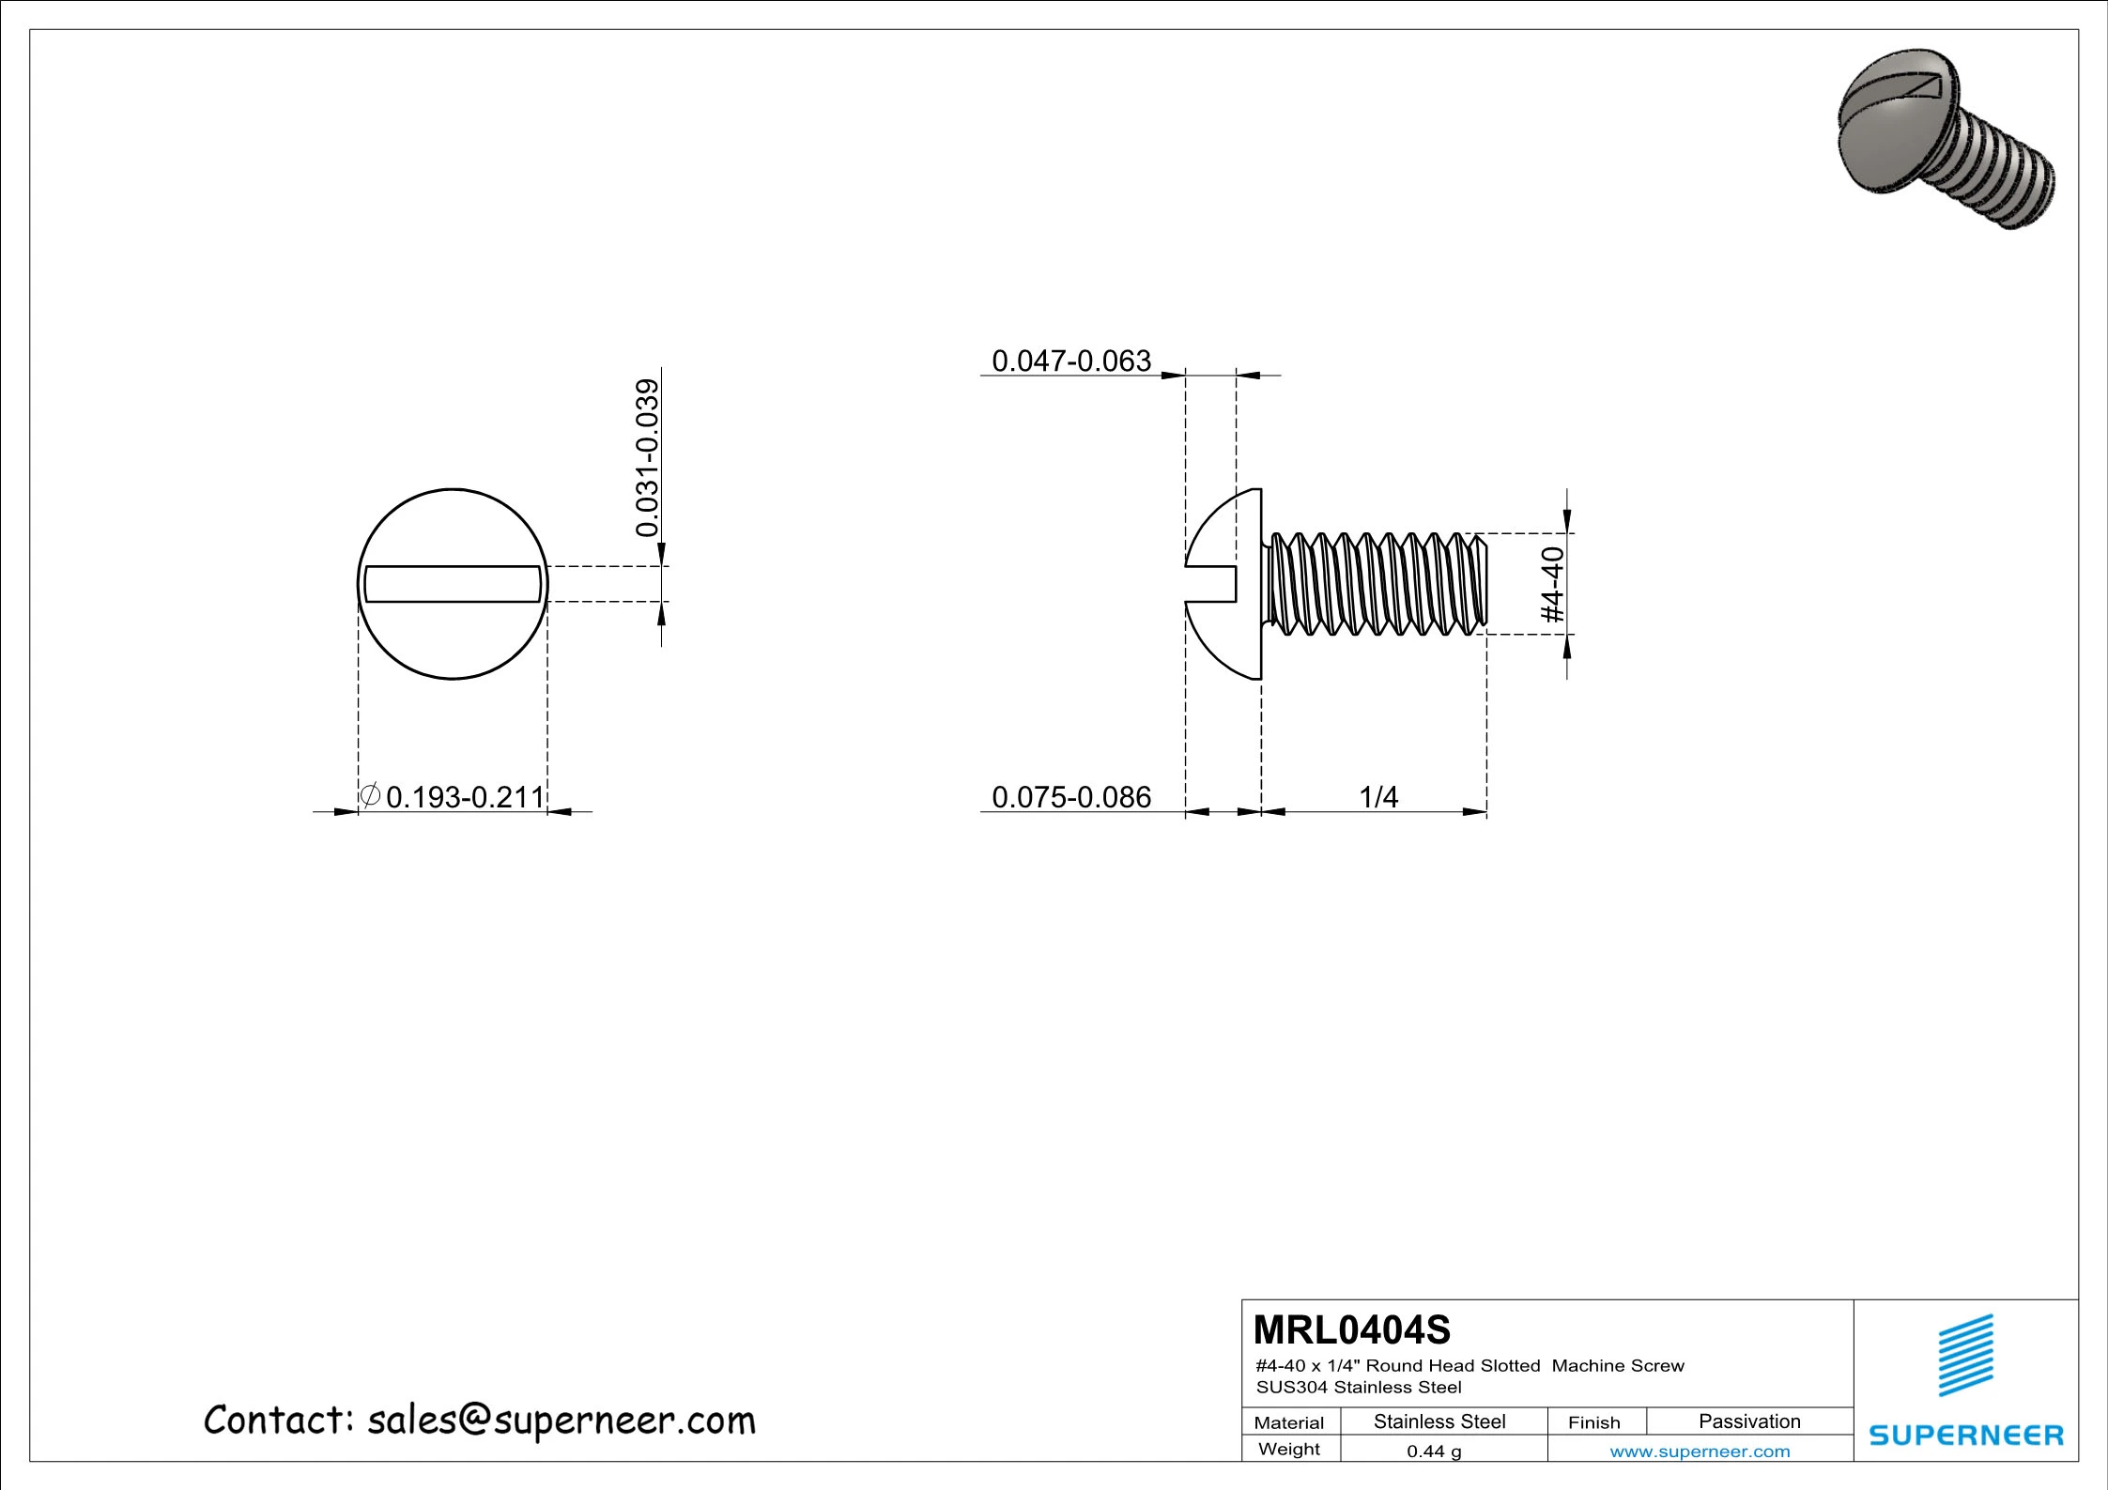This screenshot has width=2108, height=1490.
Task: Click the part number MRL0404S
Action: coord(1351,1330)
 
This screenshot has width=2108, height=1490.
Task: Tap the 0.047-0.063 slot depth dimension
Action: coord(1070,361)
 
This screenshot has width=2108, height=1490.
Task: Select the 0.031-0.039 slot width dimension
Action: coord(648,457)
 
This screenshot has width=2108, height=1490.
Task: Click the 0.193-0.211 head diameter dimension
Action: coord(465,797)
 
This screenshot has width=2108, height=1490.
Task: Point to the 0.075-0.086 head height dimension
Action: coord(1070,797)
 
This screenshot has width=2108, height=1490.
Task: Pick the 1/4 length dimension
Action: coord(1378,797)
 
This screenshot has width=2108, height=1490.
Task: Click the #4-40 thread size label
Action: coord(1554,584)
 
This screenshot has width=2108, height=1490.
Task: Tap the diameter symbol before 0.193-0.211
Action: coord(370,795)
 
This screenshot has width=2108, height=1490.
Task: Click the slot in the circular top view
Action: coord(453,584)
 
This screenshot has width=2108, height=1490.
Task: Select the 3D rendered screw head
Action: coord(1887,131)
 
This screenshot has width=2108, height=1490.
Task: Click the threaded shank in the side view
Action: coord(1376,584)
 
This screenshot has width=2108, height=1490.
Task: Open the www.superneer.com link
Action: coord(1700,1452)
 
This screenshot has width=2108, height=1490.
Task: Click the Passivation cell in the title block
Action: coord(1749,1421)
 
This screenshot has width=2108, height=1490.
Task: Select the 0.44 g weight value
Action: coord(1434,1452)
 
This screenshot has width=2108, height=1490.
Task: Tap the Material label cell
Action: coord(1289,1422)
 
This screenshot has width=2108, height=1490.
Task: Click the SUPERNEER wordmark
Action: coord(1966,1435)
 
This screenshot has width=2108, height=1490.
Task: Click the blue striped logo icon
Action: coord(1966,1356)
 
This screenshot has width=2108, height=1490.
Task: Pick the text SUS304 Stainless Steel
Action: coord(1359,1388)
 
